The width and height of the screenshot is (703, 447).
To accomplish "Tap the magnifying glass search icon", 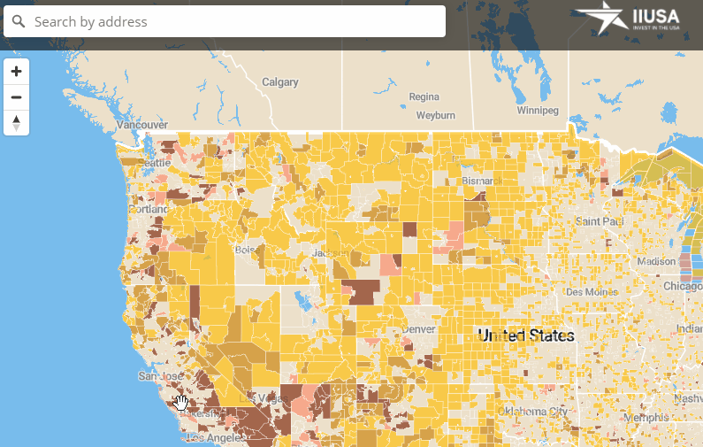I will coord(19,21).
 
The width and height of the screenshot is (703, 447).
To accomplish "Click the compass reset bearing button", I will coord(16,123).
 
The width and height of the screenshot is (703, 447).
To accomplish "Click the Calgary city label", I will coord(279,82).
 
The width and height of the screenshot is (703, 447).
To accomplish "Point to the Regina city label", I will coord(424,96).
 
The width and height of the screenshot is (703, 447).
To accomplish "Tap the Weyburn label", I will coord(435,115).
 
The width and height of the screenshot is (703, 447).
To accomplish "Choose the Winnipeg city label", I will coord(538,111).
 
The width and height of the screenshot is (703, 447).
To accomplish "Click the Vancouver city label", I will coord(142,126).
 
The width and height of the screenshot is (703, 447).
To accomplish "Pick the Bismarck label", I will coord(482,181).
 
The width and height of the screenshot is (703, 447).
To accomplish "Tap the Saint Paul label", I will coord(600,220).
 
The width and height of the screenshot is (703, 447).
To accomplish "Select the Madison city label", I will coord(655,261).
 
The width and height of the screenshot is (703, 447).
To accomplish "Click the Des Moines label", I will coord(587,291).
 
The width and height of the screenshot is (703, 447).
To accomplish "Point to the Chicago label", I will coord(684,286).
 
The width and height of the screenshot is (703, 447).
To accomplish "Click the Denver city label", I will coord(418,329).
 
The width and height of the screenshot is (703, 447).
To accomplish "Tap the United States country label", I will coord(526,335).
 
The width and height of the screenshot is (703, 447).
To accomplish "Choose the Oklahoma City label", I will coord(533,412).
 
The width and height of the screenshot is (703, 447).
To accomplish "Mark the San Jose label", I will coord(159,376).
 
